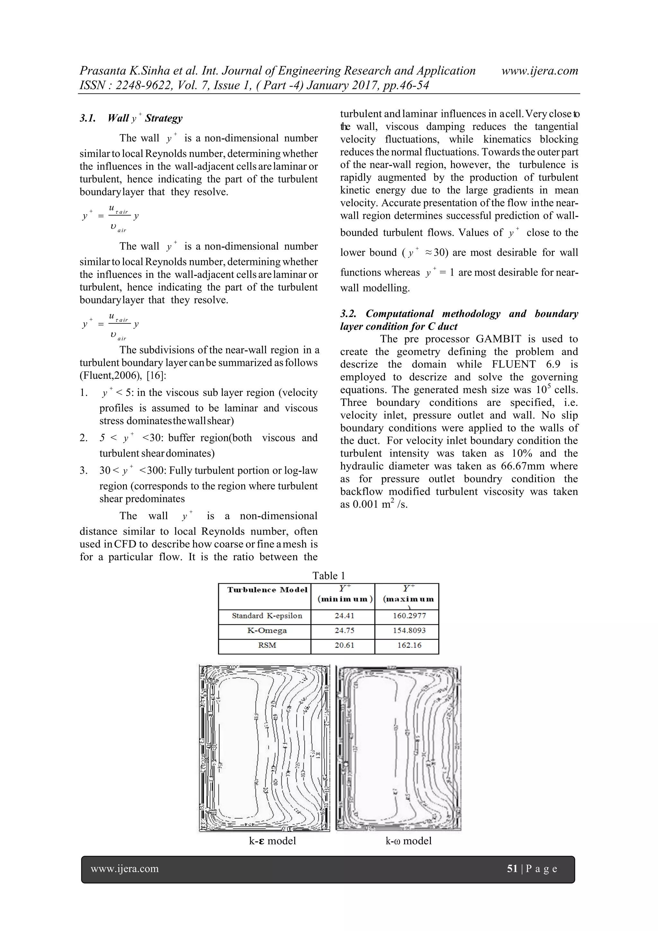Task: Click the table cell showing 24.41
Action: [344, 616]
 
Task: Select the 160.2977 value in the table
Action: [409, 616]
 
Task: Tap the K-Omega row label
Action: [267, 631]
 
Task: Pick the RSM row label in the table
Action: [267, 645]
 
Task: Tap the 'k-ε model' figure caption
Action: [272, 841]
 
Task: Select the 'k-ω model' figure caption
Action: [408, 841]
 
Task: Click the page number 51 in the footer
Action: [512, 868]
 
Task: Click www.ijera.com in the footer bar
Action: [125, 868]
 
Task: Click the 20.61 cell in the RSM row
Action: [344, 645]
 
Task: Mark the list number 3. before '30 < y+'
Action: [84, 470]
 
